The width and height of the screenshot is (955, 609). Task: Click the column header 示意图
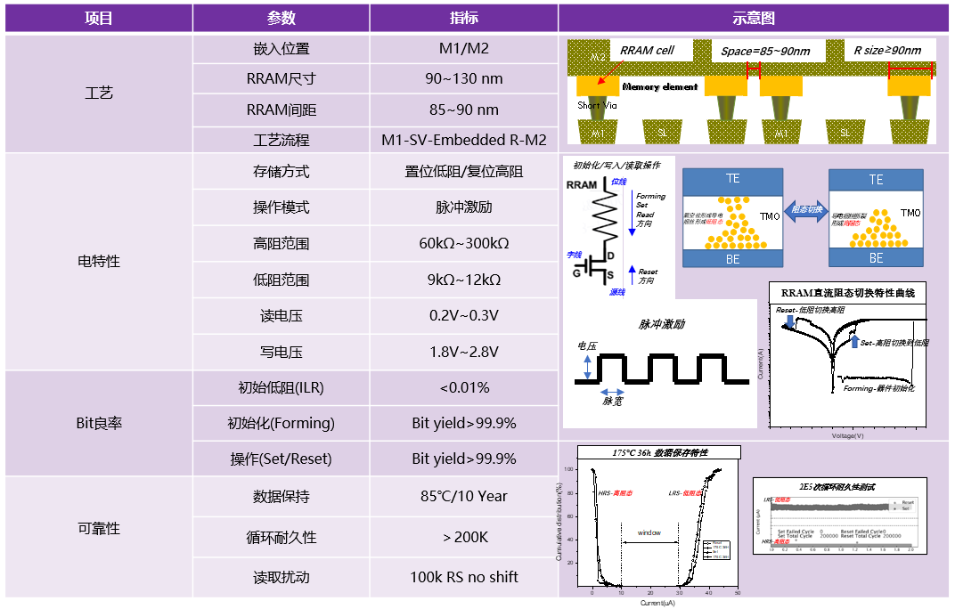(753, 18)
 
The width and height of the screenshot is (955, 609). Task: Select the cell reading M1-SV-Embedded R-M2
(463, 140)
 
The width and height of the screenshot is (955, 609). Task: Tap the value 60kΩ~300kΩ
(463, 243)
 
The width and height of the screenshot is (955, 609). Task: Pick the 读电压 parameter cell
(281, 315)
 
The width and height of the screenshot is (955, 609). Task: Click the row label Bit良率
(98, 423)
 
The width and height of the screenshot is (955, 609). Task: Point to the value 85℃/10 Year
(463, 496)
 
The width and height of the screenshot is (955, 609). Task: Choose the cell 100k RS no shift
(463, 577)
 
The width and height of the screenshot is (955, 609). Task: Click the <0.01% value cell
(463, 387)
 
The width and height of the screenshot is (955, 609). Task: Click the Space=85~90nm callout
(765, 51)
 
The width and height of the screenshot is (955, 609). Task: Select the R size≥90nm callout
(886, 50)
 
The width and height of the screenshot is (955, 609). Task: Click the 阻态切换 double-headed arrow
(806, 210)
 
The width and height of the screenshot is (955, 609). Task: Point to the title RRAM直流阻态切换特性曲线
(847, 293)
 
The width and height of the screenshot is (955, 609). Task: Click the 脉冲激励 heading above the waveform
(661, 324)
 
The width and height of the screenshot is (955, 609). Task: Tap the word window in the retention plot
(649, 532)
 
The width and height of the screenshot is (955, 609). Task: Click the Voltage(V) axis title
(846, 435)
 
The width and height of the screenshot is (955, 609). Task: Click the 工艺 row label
(98, 93)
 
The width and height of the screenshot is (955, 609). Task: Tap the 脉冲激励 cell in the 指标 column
(463, 207)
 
